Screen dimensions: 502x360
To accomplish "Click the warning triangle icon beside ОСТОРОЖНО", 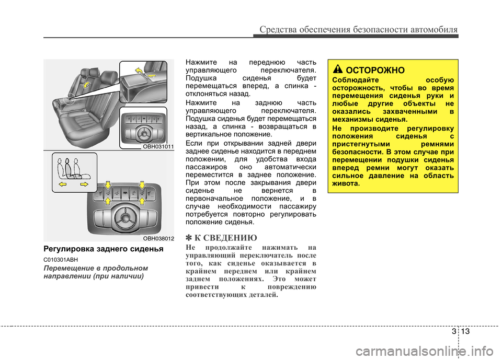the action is click(x=338, y=69).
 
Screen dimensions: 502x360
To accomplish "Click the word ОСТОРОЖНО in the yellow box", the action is click(x=375, y=70).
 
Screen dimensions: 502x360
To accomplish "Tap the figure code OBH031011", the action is click(x=158, y=146).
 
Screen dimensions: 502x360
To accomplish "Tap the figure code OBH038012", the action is click(x=158, y=238).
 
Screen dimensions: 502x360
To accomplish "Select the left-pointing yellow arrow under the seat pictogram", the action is click(x=62, y=184).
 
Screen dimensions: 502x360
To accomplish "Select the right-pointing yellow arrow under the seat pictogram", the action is click(x=84, y=184).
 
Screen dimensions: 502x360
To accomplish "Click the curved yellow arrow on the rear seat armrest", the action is click(x=86, y=85).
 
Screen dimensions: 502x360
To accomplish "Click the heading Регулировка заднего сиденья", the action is click(x=104, y=249).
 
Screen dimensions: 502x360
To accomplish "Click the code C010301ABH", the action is click(x=61, y=260).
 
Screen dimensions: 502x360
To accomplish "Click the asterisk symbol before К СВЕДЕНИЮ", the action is click(x=189, y=238).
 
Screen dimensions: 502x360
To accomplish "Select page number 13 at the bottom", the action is click(x=465, y=331).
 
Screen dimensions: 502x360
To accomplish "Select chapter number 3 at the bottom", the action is click(x=454, y=331).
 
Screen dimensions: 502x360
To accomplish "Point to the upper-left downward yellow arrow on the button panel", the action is click(x=108, y=184).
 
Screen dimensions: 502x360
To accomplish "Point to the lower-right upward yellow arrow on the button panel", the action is click(x=142, y=201).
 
